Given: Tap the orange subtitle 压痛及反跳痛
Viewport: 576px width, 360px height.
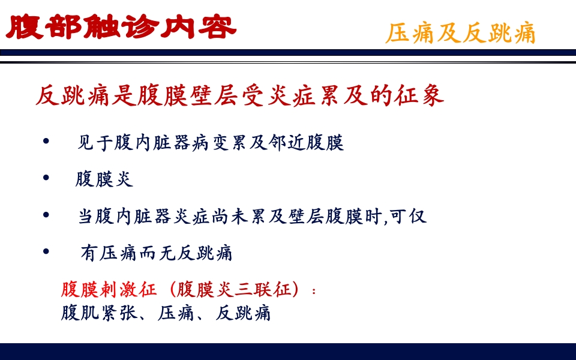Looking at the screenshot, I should coord(460,34).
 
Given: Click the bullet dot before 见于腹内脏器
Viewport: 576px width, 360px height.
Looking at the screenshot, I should coord(47,142).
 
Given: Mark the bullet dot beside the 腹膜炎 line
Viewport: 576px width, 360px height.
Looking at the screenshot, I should coord(47,178).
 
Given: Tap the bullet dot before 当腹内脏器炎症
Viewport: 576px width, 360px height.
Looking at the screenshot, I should coord(47,215).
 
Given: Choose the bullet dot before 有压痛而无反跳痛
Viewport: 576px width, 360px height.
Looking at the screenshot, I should coord(47,251).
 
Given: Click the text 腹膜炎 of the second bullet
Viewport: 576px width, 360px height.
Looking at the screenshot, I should coord(104,179).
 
